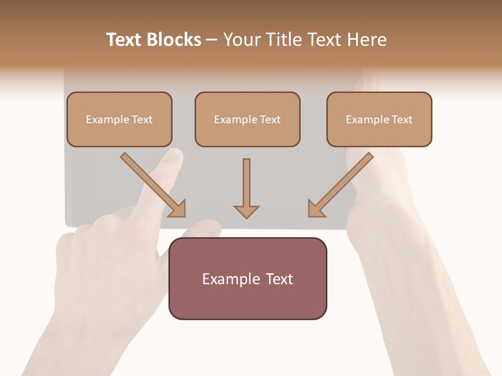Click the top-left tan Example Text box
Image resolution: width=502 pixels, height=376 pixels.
click(119, 120)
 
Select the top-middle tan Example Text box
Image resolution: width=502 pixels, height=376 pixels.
click(247, 120)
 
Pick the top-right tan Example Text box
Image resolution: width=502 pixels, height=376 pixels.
click(379, 120)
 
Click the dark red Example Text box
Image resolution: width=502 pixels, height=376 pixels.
click(248, 279)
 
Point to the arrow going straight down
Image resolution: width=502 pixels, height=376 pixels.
click(246, 185)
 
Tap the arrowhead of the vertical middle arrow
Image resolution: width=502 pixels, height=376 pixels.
click(246, 211)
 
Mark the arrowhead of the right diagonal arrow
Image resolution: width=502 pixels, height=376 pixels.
click(316, 209)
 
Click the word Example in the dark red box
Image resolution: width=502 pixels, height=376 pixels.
click(229, 279)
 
